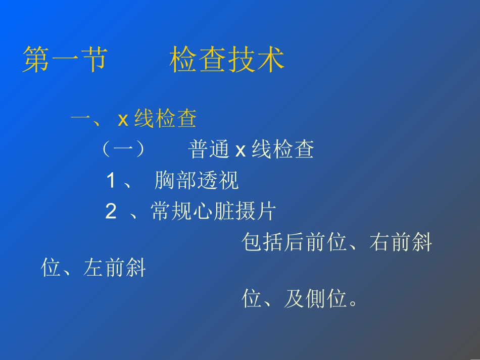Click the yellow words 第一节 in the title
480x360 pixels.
coord(65,61)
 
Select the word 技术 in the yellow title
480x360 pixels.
coord(256,61)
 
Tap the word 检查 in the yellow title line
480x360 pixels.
coord(198,61)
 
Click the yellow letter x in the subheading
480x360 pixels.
coord(123,120)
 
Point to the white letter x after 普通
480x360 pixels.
coord(241,150)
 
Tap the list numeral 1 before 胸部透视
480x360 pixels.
coord(111,181)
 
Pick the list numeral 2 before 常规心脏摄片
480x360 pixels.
coord(111,212)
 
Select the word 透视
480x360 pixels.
coord(218,181)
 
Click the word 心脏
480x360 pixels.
coord(214,212)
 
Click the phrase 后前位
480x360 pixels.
coord(316,243)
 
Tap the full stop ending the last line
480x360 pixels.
coord(353,303)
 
